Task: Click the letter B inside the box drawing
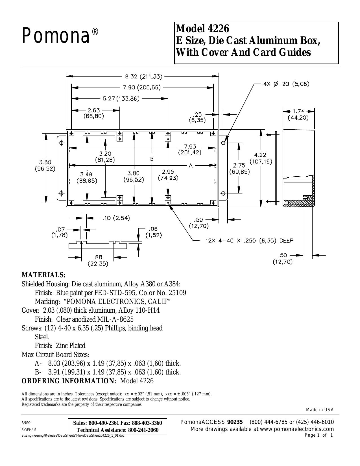click(152, 159)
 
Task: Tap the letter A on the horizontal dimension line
click(191, 165)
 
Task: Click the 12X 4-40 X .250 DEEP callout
click(249, 241)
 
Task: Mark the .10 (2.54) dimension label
click(116, 218)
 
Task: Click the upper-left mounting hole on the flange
click(62, 143)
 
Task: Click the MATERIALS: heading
click(43, 275)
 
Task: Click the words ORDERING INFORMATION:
click(69, 381)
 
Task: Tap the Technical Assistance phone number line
click(117, 430)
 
